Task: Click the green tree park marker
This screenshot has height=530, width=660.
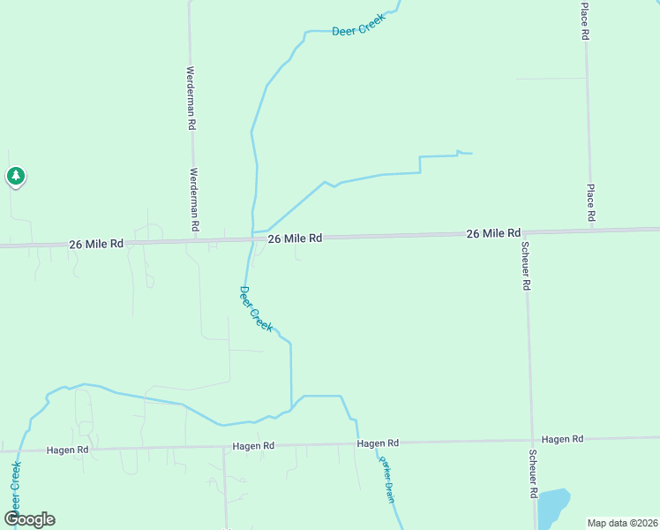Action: click(15, 177)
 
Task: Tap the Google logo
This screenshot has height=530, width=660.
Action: click(30, 519)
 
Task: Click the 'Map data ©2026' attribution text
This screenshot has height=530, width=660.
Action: click(622, 523)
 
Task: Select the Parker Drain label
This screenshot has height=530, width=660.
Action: click(386, 481)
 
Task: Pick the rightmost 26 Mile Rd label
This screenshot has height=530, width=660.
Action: click(493, 233)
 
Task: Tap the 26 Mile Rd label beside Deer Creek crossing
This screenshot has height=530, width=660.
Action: click(295, 238)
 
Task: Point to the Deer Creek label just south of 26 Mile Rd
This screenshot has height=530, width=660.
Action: click(256, 308)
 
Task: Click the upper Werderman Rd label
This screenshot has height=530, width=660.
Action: click(191, 98)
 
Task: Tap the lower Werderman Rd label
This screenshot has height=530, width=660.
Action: click(194, 201)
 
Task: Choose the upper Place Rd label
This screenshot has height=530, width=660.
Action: click(585, 22)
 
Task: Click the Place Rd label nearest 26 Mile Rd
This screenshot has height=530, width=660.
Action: click(591, 203)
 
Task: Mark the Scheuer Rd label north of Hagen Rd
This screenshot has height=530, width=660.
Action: click(525, 266)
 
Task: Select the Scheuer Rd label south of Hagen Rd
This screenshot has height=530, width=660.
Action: click(533, 475)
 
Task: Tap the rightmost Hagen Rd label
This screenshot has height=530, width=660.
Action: click(562, 439)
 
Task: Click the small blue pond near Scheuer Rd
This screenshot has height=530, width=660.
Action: click(552, 507)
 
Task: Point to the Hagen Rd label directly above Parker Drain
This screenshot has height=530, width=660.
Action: click(378, 443)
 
